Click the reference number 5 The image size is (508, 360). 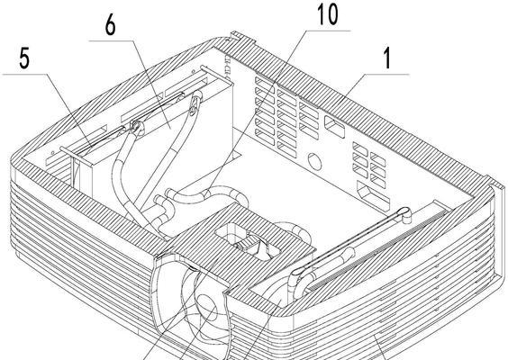pyautogui.click(x=24, y=58)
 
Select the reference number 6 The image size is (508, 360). pyautogui.click(x=110, y=25)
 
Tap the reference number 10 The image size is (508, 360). pyautogui.click(x=328, y=13)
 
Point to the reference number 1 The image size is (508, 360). pyautogui.click(x=387, y=58)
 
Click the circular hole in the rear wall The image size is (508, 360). pyautogui.click(x=314, y=161)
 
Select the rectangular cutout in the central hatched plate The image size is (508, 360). pyautogui.click(x=248, y=241)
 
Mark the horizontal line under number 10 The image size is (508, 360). pyautogui.click(x=328, y=31)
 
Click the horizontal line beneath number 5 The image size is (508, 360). pyautogui.click(x=25, y=75)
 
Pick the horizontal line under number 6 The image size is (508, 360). pyautogui.click(x=112, y=40)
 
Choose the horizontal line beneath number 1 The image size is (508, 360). pyautogui.click(x=386, y=75)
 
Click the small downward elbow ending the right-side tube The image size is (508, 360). pyautogui.click(x=406, y=215)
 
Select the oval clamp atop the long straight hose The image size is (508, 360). pyautogui.click(x=193, y=106)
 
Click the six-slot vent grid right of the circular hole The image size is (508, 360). pyautogui.click(x=369, y=165)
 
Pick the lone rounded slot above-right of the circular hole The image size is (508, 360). pyautogui.click(x=334, y=127)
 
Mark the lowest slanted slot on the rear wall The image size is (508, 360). pyautogui.click(x=373, y=194)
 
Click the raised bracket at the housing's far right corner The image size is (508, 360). pyautogui.click(x=496, y=187)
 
